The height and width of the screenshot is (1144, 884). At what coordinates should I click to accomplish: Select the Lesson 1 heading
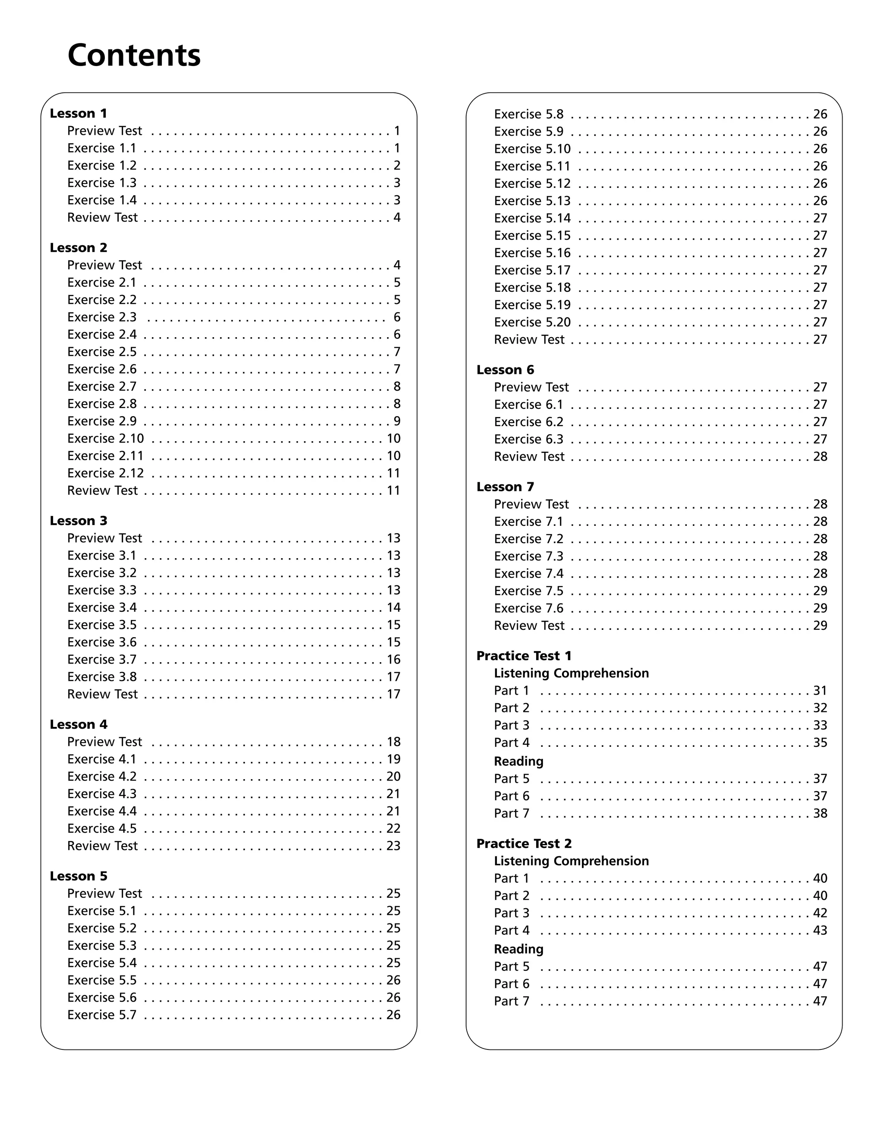pyautogui.click(x=79, y=113)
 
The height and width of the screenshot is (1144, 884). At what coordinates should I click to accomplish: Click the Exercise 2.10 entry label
pyautogui.click(x=105, y=439)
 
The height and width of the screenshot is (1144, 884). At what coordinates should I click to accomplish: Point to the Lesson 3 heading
pyautogui.click(x=79, y=521)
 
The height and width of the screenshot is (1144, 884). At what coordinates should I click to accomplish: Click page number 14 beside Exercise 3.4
pyautogui.click(x=393, y=608)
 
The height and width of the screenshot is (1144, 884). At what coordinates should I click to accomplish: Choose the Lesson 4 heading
pyautogui.click(x=79, y=724)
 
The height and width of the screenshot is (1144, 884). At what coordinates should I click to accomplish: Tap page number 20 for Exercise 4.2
pyautogui.click(x=393, y=776)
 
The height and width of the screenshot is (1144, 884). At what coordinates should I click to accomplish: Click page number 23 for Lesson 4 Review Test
pyautogui.click(x=393, y=846)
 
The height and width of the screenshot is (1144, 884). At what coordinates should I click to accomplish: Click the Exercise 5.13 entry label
pyautogui.click(x=532, y=201)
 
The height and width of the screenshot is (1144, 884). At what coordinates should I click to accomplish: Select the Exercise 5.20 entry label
pyautogui.click(x=532, y=322)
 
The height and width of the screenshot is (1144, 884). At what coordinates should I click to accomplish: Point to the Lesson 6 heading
pyautogui.click(x=505, y=370)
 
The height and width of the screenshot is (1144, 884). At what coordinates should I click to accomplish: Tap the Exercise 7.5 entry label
pyautogui.click(x=528, y=591)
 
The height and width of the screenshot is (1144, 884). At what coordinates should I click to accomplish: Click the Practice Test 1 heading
pyautogui.click(x=524, y=656)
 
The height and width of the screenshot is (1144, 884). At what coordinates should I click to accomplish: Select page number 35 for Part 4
pyautogui.click(x=820, y=743)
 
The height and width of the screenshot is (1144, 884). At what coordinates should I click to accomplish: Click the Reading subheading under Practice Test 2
pyautogui.click(x=518, y=949)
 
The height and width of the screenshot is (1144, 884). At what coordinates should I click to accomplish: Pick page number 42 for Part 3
pyautogui.click(x=820, y=913)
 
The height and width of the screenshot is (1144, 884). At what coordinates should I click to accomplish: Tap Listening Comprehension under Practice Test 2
pyautogui.click(x=571, y=861)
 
